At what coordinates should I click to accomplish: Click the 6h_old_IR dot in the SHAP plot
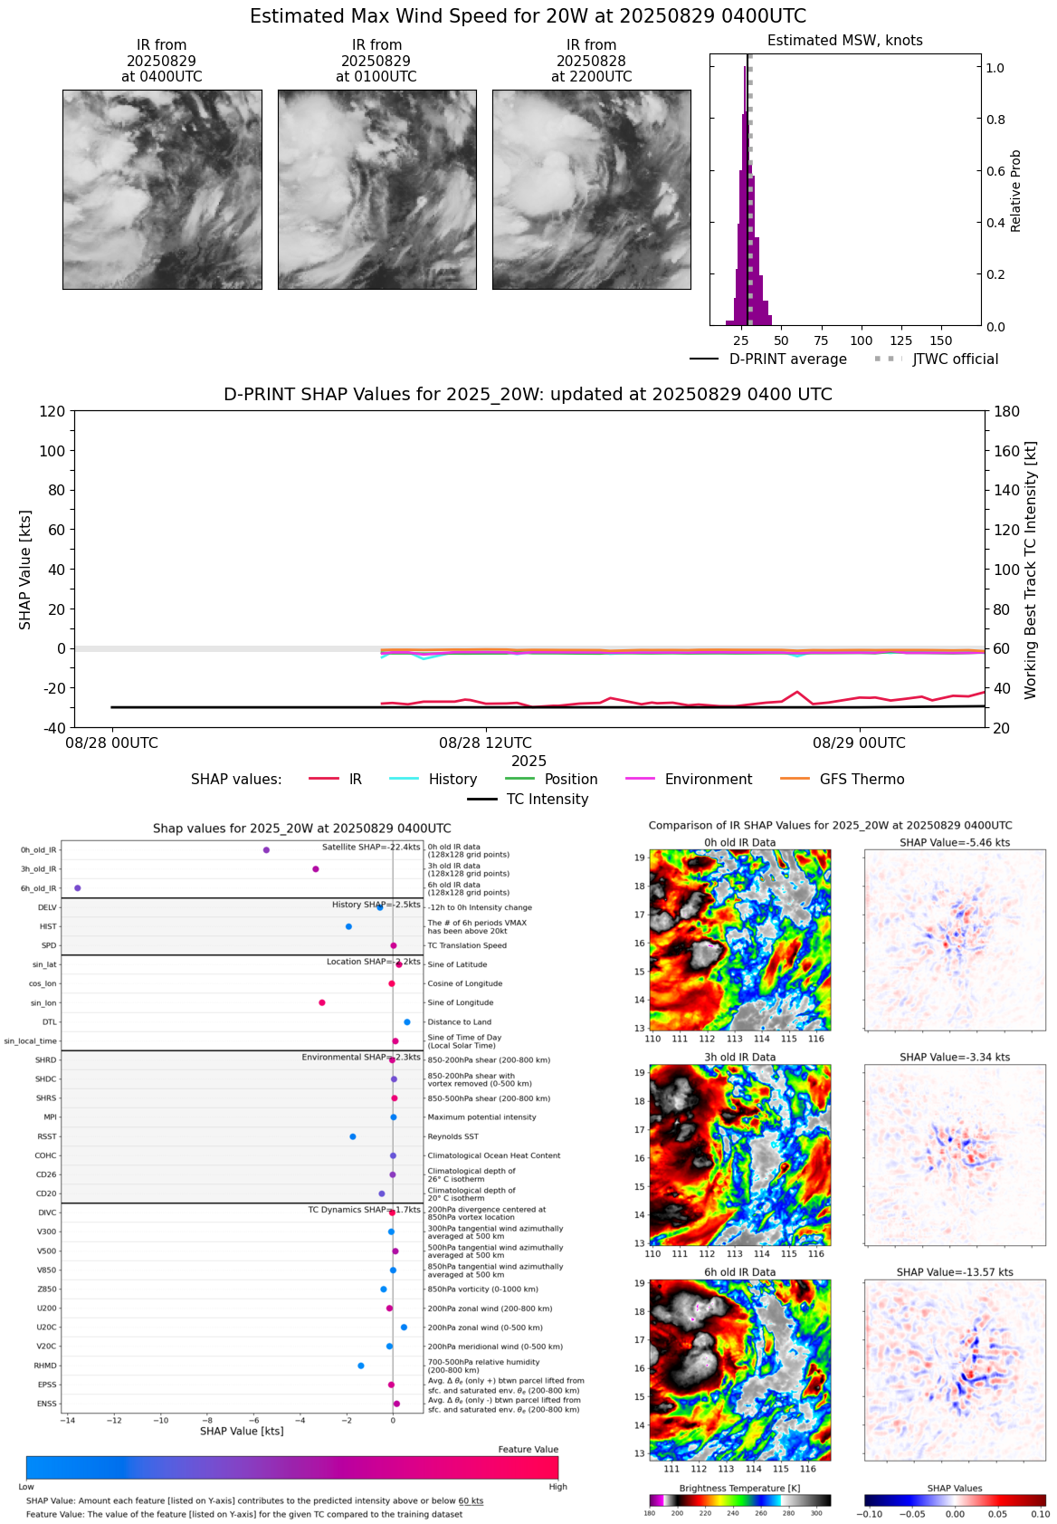click(x=78, y=888)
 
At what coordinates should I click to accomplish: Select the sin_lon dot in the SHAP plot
click(x=322, y=1002)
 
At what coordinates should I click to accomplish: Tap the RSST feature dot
click(x=353, y=1136)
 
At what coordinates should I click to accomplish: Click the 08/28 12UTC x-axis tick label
click(x=486, y=743)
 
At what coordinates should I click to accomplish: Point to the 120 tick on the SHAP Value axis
click(x=52, y=411)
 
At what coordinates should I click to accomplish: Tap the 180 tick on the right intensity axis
click(x=1007, y=411)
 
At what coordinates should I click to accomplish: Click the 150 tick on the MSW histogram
click(x=941, y=341)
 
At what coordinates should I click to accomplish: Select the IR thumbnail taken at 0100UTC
click(x=376, y=189)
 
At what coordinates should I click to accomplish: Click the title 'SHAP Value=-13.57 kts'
click(x=955, y=1272)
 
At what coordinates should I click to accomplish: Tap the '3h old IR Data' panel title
click(x=739, y=1058)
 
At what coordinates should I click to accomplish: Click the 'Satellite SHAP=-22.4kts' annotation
click(x=371, y=848)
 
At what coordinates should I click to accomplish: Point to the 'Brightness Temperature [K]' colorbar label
click(x=739, y=1489)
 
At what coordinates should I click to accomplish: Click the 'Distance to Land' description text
click(x=459, y=1022)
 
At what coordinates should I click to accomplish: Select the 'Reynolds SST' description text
click(x=452, y=1136)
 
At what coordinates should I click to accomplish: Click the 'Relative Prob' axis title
click(x=1015, y=191)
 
